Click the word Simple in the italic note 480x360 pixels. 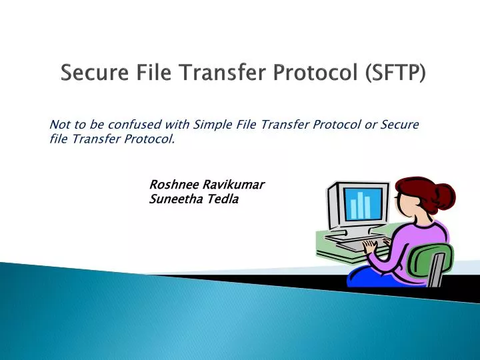click(x=211, y=125)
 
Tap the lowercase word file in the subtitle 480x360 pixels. click(x=60, y=140)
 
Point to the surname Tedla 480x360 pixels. click(x=220, y=198)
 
